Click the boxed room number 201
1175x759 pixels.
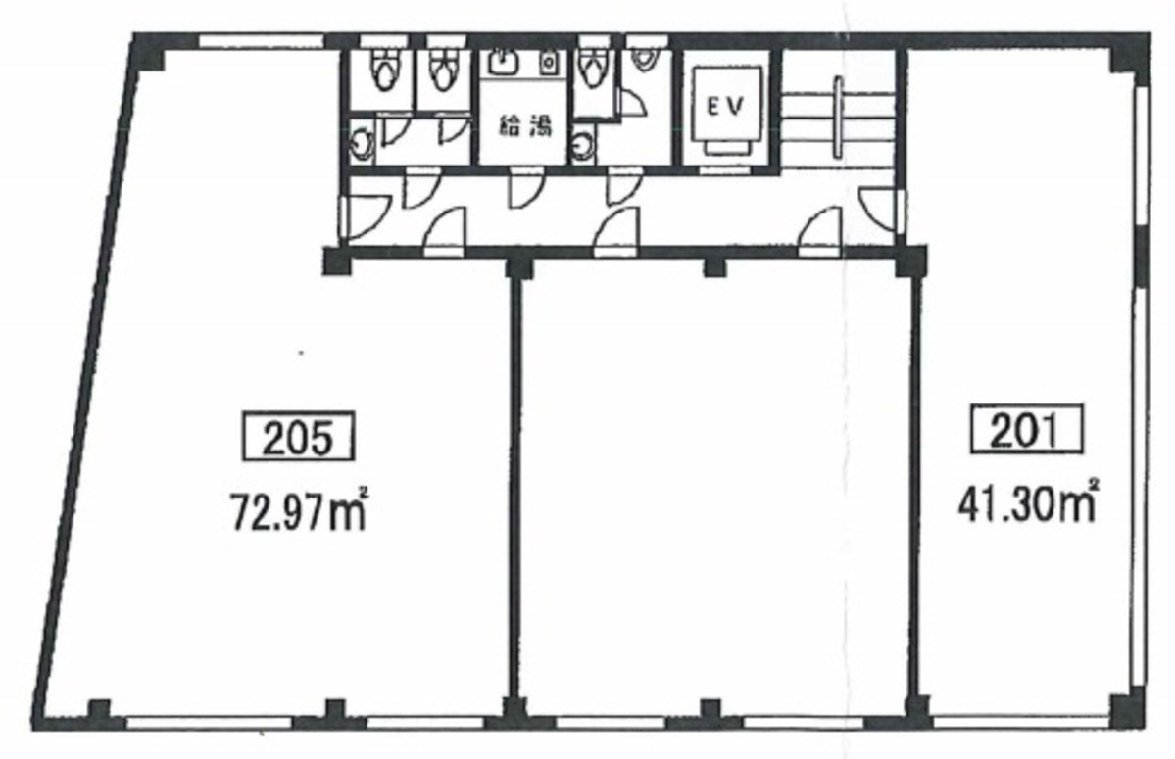tap(1027, 429)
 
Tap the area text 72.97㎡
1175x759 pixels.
tap(298, 509)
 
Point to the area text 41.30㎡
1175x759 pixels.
tap(1027, 502)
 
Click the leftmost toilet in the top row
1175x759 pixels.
tap(384, 69)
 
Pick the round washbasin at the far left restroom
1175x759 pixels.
tap(363, 141)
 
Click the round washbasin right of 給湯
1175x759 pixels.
tap(582, 145)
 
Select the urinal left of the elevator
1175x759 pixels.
tap(642, 57)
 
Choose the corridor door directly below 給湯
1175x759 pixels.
tap(524, 189)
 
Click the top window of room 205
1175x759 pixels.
tap(262, 41)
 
